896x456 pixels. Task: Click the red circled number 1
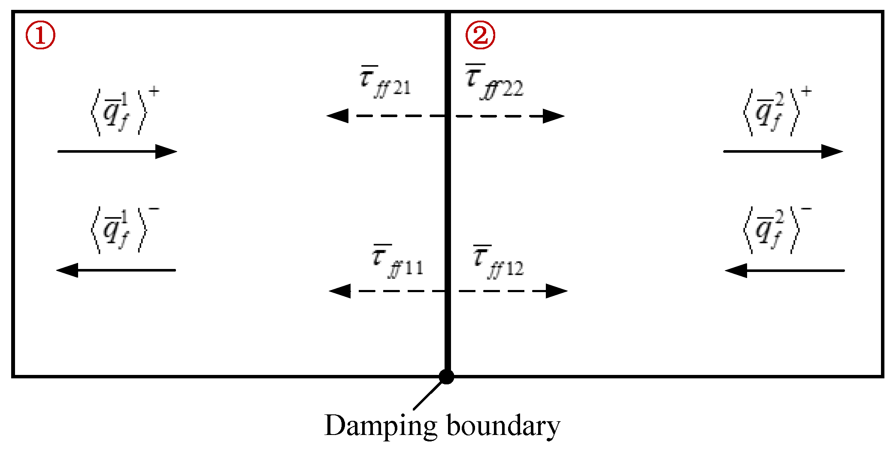(x=40, y=36)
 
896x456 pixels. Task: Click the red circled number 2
(x=480, y=36)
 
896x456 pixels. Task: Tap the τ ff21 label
(x=385, y=82)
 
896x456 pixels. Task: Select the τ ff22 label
(x=494, y=82)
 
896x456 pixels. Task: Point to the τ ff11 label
(x=397, y=262)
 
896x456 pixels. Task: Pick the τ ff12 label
(x=498, y=262)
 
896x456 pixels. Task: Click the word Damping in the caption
(x=381, y=426)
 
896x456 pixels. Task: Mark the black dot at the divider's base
(x=447, y=377)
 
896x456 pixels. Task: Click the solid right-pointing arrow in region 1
(x=117, y=151)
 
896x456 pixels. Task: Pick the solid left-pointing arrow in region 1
(x=116, y=270)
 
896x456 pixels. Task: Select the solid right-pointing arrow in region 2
(x=783, y=151)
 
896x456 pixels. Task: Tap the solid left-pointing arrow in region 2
(x=784, y=271)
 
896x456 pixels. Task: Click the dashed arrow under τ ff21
(x=386, y=116)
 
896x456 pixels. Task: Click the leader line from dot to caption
(x=428, y=395)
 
